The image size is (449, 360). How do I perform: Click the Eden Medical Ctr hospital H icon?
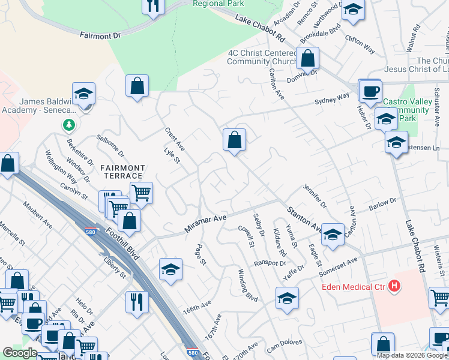tap(394, 286)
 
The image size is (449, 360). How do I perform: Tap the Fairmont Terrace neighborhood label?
tap(122, 172)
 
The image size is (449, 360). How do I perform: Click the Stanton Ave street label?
tap(305, 219)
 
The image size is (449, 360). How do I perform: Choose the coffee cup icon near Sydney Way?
tap(370, 92)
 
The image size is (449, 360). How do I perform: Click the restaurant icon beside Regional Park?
tap(154, 6)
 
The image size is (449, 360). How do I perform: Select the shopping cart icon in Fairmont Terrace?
tap(141, 193)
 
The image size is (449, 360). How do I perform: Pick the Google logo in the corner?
tap(20, 353)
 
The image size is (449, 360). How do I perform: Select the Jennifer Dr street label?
tap(315, 196)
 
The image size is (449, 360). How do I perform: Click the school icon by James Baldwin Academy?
tap(83, 94)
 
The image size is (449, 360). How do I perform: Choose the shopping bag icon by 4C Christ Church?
tap(307, 59)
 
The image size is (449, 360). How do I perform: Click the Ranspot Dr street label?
tap(270, 263)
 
